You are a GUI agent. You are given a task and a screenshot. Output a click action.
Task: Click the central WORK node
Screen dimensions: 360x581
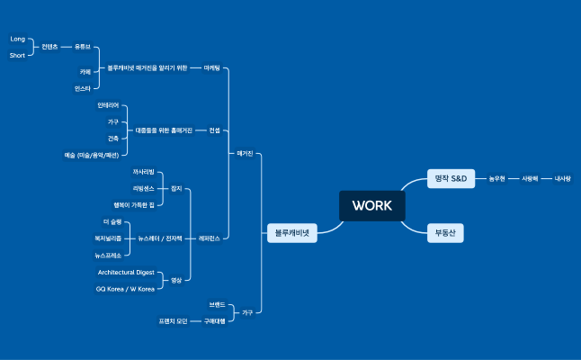click(371, 205)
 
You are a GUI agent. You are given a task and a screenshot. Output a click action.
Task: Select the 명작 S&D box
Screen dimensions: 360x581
click(450, 178)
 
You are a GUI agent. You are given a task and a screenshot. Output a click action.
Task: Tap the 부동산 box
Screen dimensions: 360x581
click(444, 232)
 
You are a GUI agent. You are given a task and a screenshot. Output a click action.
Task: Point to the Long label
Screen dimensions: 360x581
click(17, 39)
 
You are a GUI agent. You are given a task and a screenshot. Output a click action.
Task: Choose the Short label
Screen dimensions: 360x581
click(17, 55)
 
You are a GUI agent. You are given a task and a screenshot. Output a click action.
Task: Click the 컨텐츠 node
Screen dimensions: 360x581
click(49, 46)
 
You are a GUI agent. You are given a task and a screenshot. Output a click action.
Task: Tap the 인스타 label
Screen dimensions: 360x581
click(83, 89)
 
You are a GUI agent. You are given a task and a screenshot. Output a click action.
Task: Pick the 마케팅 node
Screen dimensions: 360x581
click(212, 67)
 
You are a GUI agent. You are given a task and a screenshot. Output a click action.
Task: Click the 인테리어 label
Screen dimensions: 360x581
click(108, 105)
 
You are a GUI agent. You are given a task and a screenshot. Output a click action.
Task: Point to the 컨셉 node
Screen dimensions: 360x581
click(214, 130)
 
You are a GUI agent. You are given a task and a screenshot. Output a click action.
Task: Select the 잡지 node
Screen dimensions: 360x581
click(176, 188)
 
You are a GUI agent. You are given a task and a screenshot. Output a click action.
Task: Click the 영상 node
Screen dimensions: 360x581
click(176, 280)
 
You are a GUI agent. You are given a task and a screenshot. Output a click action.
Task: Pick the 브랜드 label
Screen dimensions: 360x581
click(217, 305)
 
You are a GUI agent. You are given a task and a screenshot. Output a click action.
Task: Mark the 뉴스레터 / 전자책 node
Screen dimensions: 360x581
click(161, 238)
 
